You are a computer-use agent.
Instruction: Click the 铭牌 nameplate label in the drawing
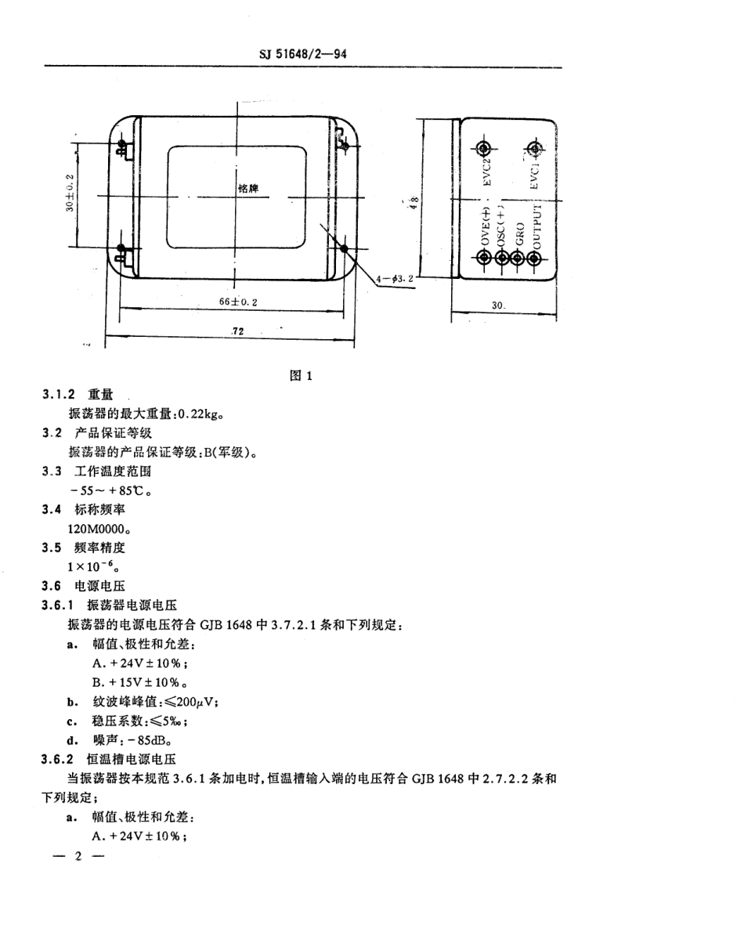[x=247, y=189]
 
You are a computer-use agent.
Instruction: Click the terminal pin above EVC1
[x=535, y=147]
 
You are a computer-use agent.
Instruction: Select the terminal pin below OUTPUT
[x=535, y=258]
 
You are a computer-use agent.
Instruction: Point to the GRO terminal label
[x=518, y=234]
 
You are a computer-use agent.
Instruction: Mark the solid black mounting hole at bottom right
[x=345, y=249]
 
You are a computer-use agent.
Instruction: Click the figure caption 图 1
[x=302, y=374]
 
